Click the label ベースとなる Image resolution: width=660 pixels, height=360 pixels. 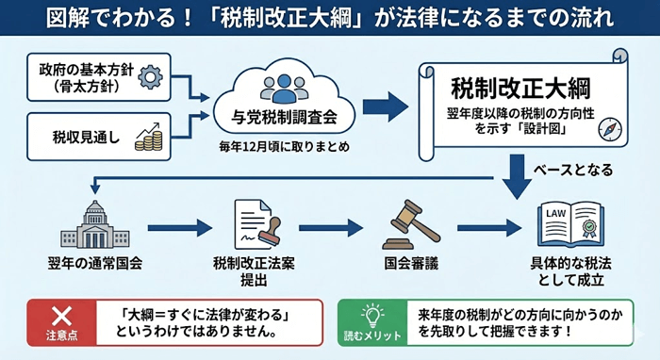(573, 171)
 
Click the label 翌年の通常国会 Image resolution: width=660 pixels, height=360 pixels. (92, 261)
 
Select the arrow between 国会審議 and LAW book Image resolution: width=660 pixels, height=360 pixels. (487, 227)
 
